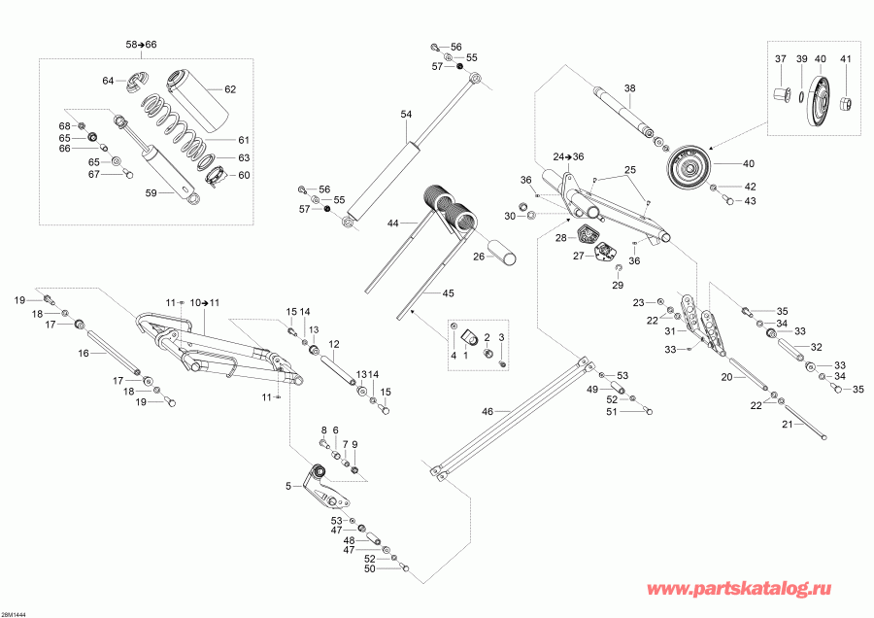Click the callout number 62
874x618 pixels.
coord(230,89)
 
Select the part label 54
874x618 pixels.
coord(406,115)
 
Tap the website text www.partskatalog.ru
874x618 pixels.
coord(756,589)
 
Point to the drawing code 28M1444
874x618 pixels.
coord(17,612)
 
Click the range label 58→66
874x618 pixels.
coord(141,46)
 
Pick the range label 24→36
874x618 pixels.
coord(568,156)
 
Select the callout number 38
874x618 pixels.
coord(629,88)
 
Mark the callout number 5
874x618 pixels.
coord(288,487)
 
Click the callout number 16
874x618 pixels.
coord(83,355)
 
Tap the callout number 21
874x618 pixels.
coord(788,425)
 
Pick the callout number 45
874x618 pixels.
coord(448,293)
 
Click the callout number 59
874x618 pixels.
coord(151,192)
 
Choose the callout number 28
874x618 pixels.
coord(561,237)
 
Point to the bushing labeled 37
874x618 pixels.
coord(780,94)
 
